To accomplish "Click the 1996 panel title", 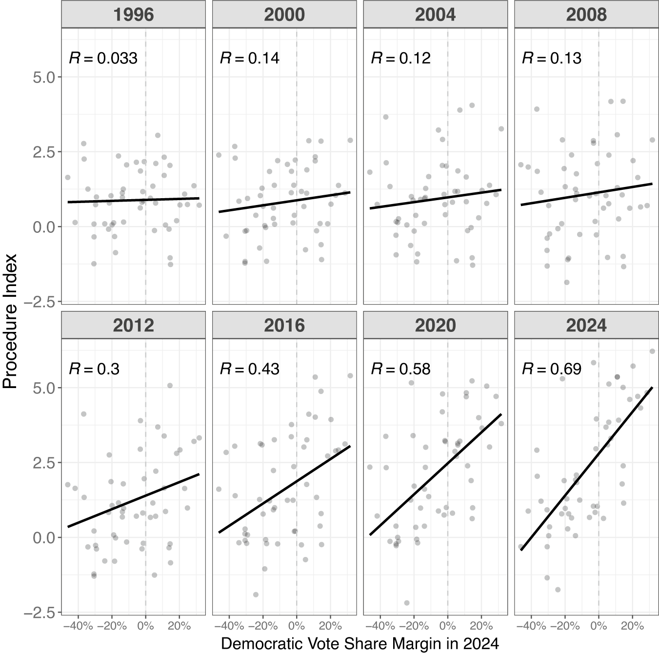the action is [x=133, y=14].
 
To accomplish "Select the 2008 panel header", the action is [x=586, y=14].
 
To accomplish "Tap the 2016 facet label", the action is [x=284, y=325].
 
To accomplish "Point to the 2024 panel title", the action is [x=586, y=325].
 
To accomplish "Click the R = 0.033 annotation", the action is [x=103, y=58].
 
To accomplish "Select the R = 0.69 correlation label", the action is [x=552, y=369].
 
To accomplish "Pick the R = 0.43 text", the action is [x=250, y=369].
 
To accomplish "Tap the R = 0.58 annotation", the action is [x=401, y=369].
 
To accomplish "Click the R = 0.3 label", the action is [x=95, y=369].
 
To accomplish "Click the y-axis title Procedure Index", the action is [x=10, y=321].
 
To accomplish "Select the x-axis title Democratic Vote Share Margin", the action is [x=360, y=643].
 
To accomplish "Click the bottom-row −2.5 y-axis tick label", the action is [x=40, y=613].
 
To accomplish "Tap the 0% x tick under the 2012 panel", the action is [x=146, y=626].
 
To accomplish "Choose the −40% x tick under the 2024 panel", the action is [x=531, y=626].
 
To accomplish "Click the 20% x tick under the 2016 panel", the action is [x=330, y=626].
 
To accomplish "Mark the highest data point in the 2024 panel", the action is [x=652, y=351].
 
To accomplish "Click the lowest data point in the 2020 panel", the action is [x=407, y=602].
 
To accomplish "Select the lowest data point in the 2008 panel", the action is [x=567, y=282].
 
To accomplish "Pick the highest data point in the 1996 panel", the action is [x=158, y=135].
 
